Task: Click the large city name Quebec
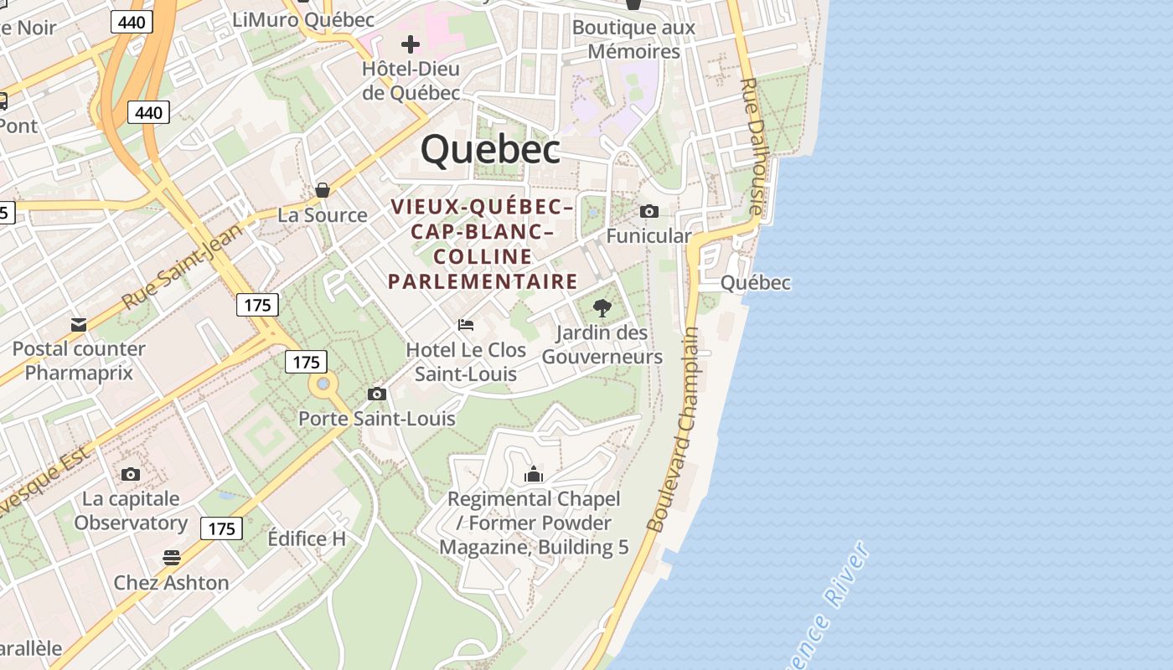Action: click(x=490, y=150)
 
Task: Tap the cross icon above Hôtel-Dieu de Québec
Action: click(x=411, y=44)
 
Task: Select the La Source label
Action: click(x=323, y=215)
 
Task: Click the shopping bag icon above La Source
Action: click(x=323, y=191)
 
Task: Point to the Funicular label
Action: click(x=649, y=236)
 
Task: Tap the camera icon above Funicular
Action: click(x=649, y=211)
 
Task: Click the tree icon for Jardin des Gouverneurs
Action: click(x=602, y=308)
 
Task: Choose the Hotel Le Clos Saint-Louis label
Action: click(x=466, y=362)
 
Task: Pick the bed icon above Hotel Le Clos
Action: click(x=466, y=325)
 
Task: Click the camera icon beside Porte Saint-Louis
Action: click(x=377, y=394)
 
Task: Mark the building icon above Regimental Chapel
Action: click(x=534, y=476)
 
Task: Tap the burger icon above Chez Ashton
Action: click(x=172, y=558)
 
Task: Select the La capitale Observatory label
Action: click(x=131, y=511)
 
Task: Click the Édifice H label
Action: click(x=307, y=539)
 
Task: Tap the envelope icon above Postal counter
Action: click(x=79, y=325)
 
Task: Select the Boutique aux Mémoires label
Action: click(x=633, y=39)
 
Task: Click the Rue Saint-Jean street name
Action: click(x=181, y=266)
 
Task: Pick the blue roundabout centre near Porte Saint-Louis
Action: click(x=323, y=384)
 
